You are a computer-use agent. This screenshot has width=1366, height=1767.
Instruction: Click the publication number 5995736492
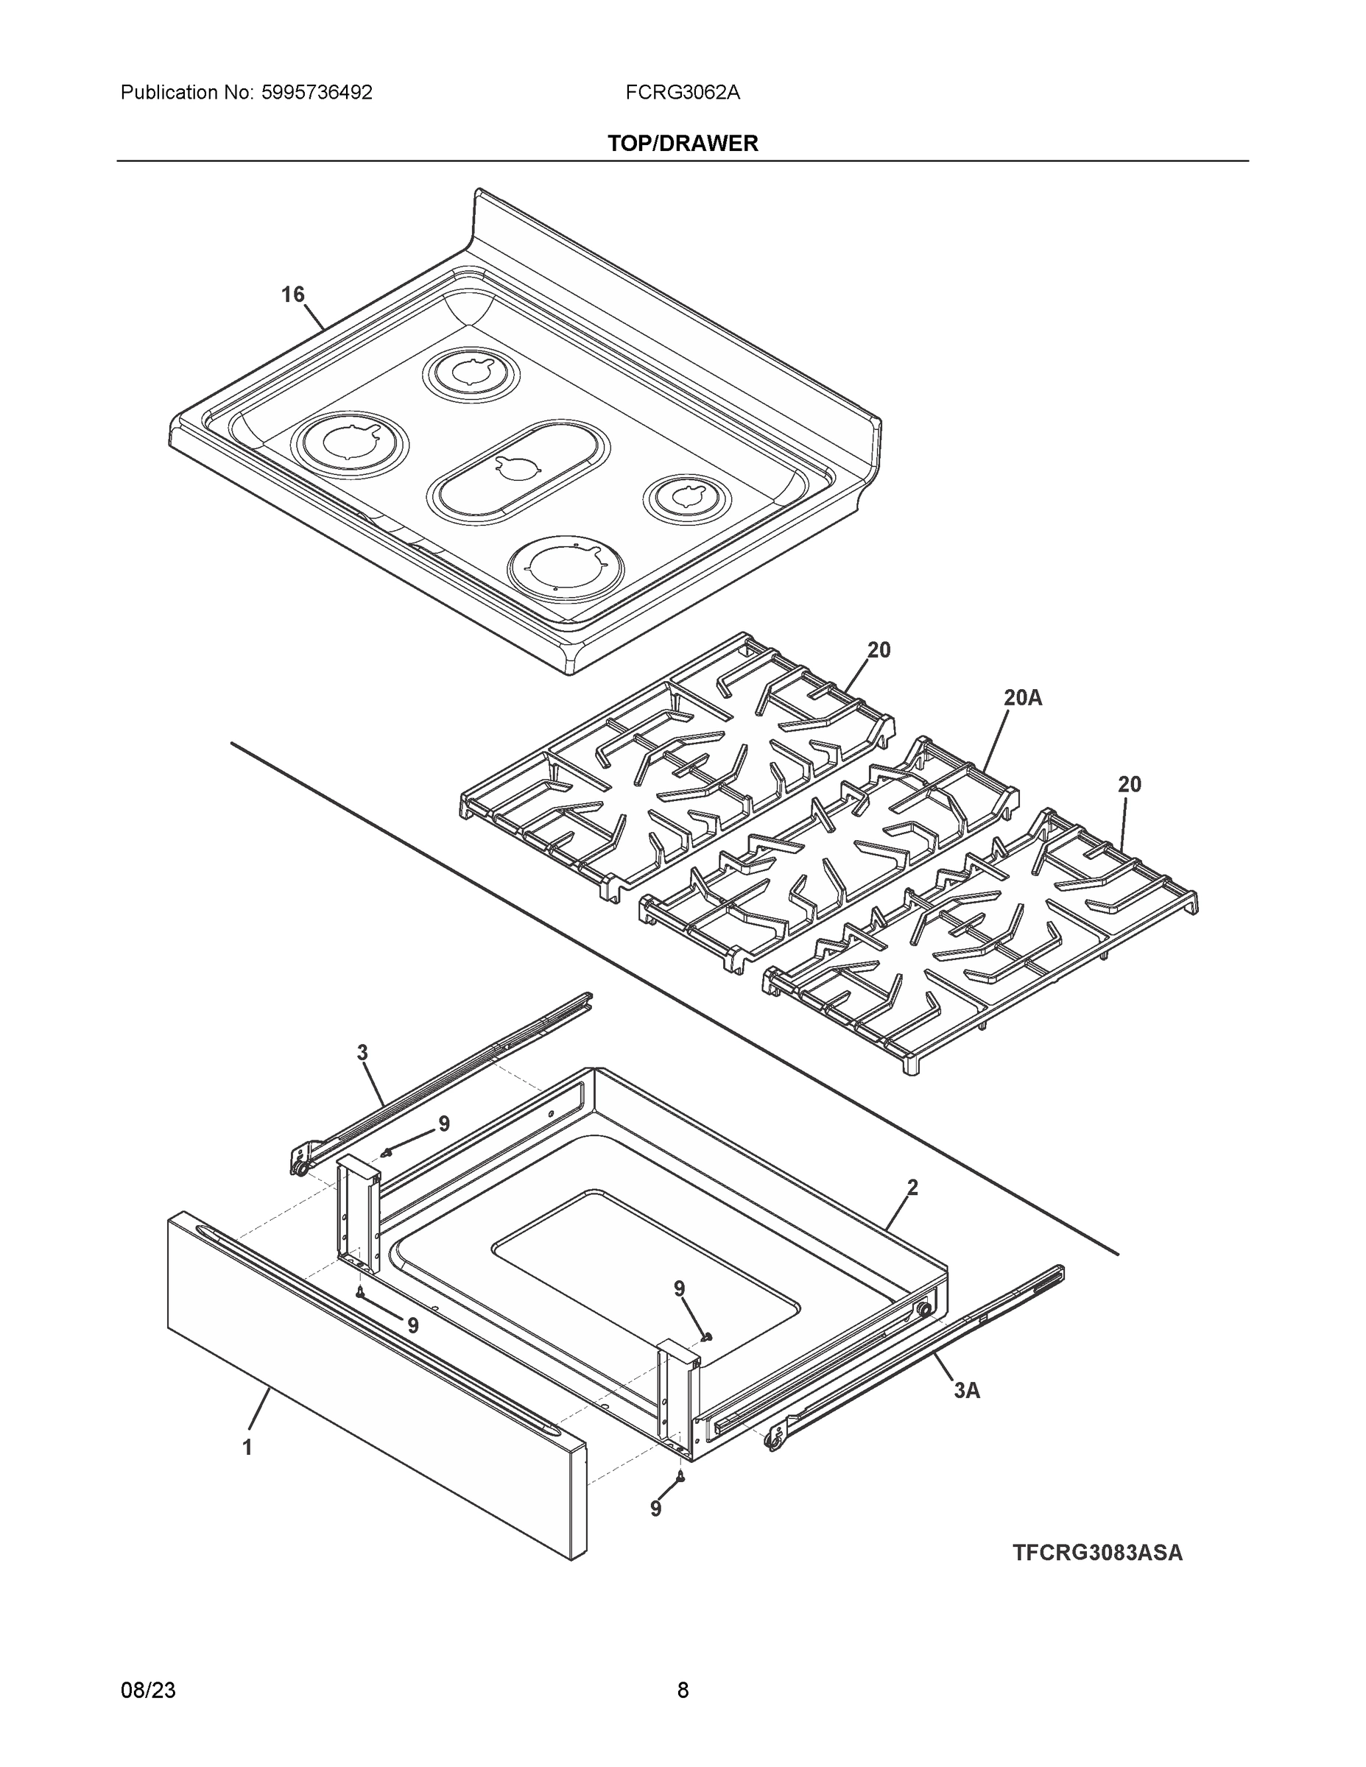click(317, 93)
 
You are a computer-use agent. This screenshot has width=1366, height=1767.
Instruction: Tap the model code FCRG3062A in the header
click(682, 93)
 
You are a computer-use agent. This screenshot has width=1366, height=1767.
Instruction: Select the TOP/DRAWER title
click(682, 144)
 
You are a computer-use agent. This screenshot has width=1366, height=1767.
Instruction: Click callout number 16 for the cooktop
click(292, 294)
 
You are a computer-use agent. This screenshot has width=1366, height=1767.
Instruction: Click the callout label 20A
click(1022, 697)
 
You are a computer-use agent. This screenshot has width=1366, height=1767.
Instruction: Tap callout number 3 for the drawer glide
click(362, 1053)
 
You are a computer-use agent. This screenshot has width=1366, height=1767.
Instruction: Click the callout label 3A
click(966, 1390)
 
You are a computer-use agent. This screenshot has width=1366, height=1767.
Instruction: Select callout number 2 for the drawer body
click(912, 1188)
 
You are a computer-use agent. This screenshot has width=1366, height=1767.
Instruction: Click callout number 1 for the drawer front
click(247, 1447)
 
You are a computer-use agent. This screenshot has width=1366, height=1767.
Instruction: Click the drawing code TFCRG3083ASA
click(1096, 1553)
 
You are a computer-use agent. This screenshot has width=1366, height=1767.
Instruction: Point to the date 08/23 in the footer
click(148, 1690)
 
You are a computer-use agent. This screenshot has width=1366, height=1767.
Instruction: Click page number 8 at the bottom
click(682, 1690)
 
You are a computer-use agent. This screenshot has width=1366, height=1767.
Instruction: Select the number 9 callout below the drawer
click(655, 1508)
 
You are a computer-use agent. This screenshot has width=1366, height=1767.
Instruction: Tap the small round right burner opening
click(687, 498)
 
